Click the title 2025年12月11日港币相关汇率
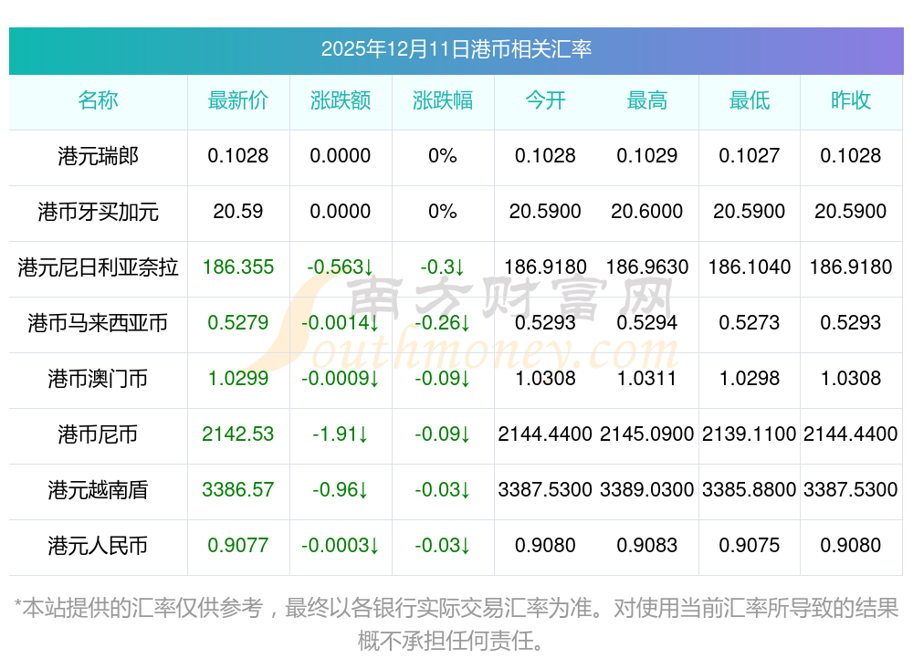[456, 48]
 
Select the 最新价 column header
[238, 100]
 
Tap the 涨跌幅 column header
[443, 100]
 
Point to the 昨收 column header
[851, 100]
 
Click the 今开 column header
[545, 100]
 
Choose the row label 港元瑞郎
[99, 156]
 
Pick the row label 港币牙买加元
[99, 212]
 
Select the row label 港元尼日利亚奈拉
[99, 267]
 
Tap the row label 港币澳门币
[99, 379]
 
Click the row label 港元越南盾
[99, 490]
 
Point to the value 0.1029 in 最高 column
[647, 156]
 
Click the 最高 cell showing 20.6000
[647, 212]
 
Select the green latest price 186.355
[238, 267]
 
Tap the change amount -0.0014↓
[341, 323]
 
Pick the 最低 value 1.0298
[750, 379]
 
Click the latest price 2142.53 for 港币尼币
[238, 434]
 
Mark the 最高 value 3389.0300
[647, 490]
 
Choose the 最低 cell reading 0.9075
[750, 546]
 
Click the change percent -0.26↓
[443, 323]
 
